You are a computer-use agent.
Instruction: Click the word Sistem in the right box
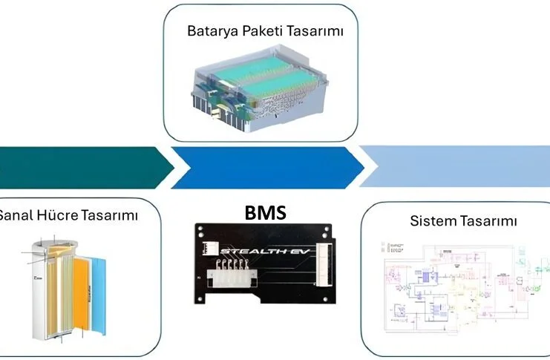coord(430,221)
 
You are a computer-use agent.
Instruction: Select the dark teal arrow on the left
coord(82,167)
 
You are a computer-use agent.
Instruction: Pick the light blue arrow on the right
coord(460,167)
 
